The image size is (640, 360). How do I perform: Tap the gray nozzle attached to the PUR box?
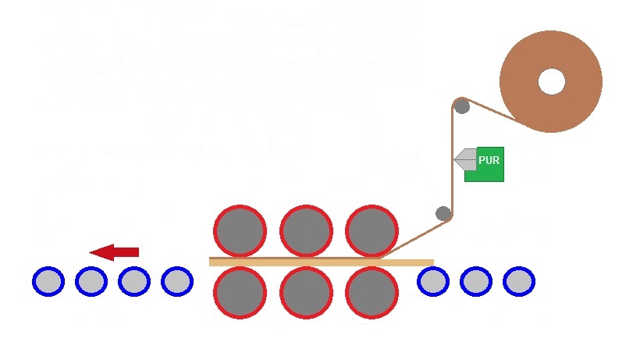tap(465, 159)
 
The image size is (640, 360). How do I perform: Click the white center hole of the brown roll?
tap(551, 81)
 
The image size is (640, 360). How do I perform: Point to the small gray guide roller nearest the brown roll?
tap(462, 105)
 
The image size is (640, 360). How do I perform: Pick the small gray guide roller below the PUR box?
tap(443, 213)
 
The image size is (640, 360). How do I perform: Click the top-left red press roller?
tap(240, 231)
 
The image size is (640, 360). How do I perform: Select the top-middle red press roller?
tap(306, 231)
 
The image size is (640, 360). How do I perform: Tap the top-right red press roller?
tap(372, 231)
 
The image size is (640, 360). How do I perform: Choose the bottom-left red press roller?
tap(240, 292)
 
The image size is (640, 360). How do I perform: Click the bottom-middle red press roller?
tap(306, 292)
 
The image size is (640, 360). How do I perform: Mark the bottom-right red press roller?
tap(372, 292)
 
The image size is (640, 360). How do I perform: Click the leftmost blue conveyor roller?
tap(48, 281)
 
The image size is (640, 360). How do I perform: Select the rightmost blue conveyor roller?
tap(518, 281)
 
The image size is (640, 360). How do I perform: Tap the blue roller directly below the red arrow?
tap(91, 281)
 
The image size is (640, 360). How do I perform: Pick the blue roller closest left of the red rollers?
tap(176, 281)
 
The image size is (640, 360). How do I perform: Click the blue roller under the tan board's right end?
tap(433, 281)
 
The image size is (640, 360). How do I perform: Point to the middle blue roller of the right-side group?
tap(476, 281)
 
